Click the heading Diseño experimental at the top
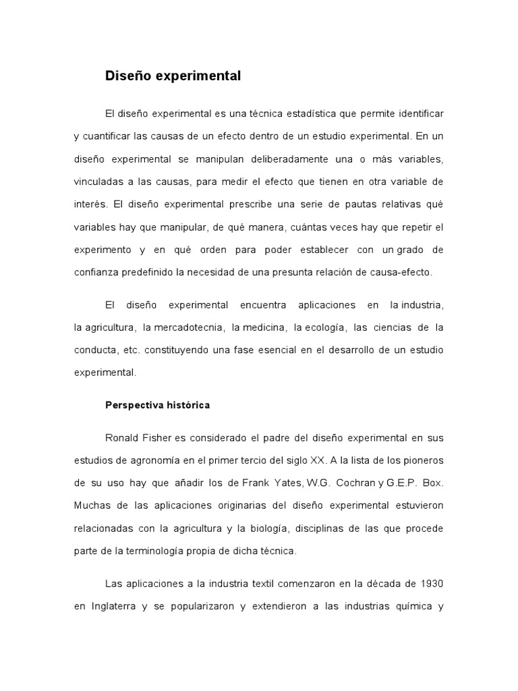point(173,76)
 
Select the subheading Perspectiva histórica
point(157,405)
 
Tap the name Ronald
point(122,437)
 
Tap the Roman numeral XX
point(317,460)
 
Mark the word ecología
point(324,327)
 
